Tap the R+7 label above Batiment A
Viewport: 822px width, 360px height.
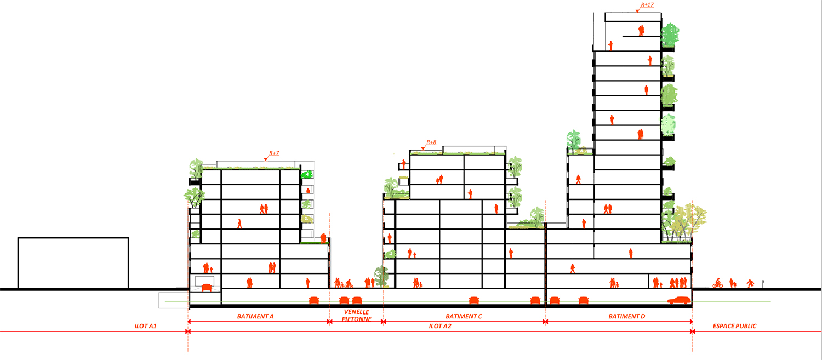274,153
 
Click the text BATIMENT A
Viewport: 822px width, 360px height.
255,317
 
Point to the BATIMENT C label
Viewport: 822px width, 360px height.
464,317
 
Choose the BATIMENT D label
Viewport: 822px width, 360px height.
627,317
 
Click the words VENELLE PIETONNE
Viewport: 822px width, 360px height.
357,316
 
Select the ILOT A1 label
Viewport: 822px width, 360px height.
146,327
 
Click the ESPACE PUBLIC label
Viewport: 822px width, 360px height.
734,327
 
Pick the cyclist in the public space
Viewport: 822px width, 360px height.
717,283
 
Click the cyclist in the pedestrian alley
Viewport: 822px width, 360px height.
349,284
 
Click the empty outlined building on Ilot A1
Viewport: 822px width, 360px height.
73,263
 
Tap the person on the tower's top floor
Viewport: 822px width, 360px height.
641,31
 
